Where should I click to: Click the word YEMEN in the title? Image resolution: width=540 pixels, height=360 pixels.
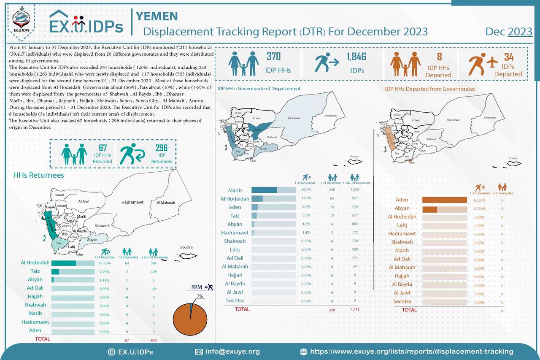157,16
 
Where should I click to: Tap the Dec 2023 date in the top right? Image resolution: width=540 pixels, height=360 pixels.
508,32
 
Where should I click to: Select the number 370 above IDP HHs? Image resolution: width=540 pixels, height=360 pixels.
273,57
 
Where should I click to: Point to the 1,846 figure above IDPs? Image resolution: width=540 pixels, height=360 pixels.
357,57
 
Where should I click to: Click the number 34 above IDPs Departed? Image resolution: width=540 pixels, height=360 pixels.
508,57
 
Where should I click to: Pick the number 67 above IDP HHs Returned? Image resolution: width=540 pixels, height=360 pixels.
102,148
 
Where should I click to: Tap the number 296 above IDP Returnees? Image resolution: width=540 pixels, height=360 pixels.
161,148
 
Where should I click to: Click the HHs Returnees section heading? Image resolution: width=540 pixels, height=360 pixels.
39,175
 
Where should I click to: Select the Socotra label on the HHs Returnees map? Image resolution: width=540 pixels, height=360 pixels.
186,247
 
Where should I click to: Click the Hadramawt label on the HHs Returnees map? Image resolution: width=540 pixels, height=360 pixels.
132,203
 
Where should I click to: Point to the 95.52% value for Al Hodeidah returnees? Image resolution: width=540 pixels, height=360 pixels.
104,263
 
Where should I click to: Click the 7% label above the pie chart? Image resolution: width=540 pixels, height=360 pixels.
200,296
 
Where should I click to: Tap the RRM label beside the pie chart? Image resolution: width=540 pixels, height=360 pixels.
197,287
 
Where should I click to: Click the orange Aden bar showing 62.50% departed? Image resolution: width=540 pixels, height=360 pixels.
444,200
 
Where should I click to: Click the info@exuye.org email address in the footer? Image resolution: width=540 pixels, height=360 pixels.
232,352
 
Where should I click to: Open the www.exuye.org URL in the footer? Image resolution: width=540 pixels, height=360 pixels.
411,352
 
